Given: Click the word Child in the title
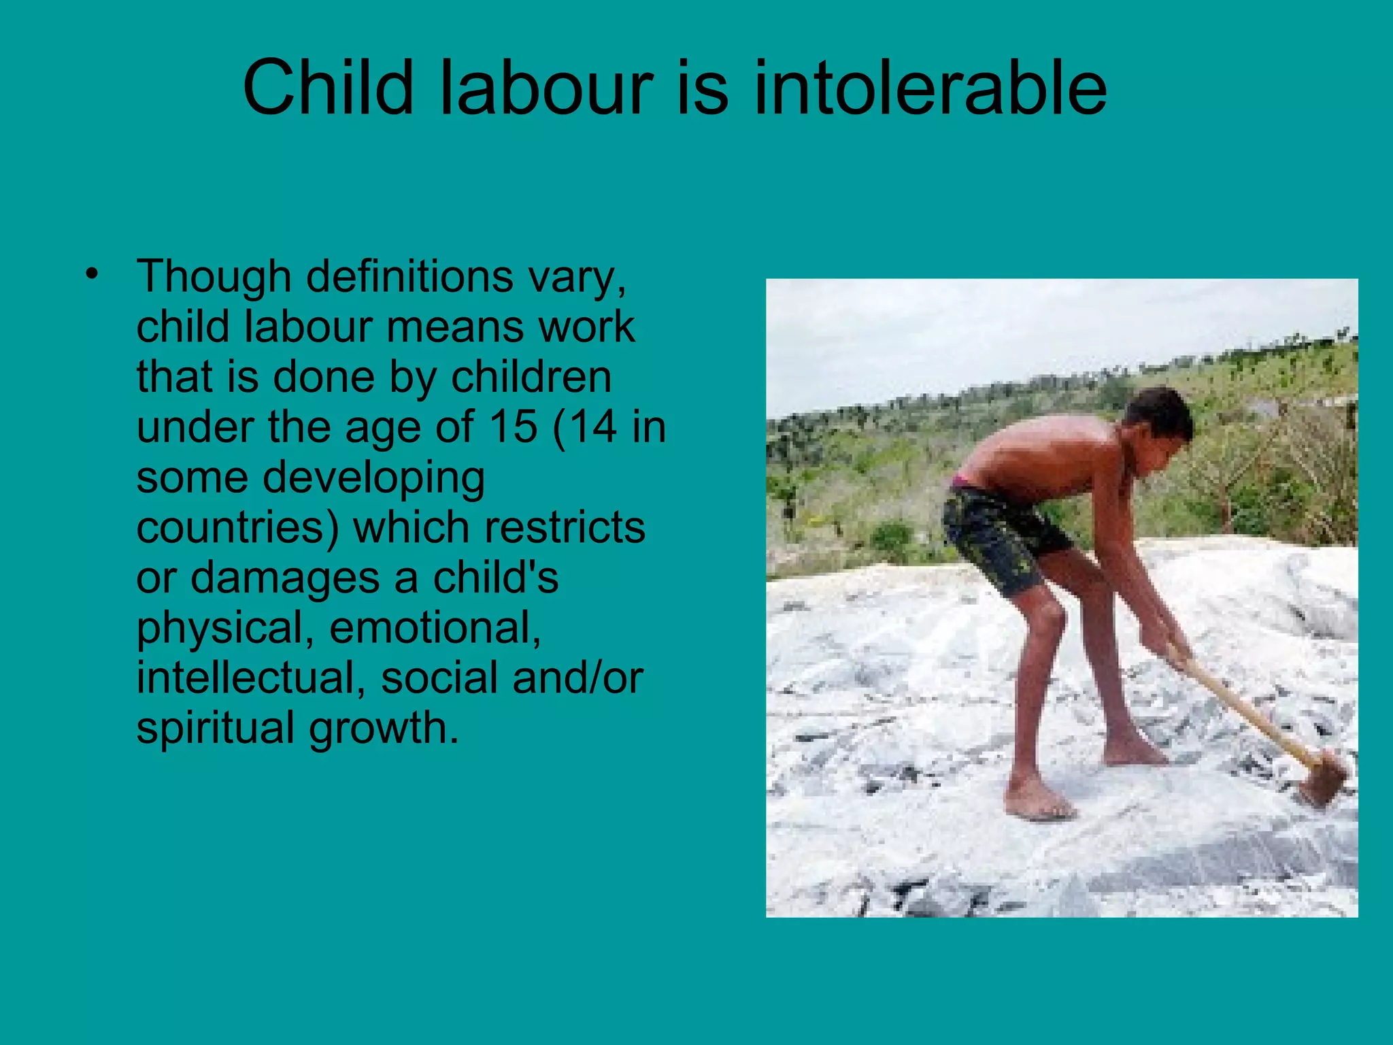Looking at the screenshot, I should pos(328,88).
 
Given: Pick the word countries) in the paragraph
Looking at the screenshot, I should pos(237,528).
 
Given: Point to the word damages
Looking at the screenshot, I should pos(285,578).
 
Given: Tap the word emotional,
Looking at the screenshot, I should pos(435,628).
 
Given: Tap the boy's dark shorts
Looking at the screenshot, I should pos(1000,537).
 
